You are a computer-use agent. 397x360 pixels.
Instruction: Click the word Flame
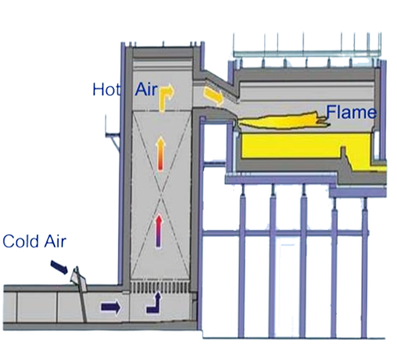click(x=351, y=112)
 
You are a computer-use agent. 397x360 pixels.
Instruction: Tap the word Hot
click(x=107, y=90)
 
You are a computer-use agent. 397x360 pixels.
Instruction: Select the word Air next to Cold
click(x=55, y=241)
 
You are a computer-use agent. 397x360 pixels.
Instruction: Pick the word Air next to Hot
click(x=146, y=90)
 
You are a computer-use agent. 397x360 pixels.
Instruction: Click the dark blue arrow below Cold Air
click(x=59, y=267)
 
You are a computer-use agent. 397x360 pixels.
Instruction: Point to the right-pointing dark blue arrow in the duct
click(x=110, y=307)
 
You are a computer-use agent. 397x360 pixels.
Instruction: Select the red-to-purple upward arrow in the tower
click(x=158, y=231)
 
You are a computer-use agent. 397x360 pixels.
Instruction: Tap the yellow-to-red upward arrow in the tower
click(x=161, y=154)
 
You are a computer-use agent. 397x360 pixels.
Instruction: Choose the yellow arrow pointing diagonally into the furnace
click(x=214, y=96)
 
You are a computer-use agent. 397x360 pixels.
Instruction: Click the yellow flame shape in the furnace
click(x=282, y=121)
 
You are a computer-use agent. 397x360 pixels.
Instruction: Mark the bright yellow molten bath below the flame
click(x=305, y=146)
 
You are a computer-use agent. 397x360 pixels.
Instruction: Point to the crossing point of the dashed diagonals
click(x=161, y=196)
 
